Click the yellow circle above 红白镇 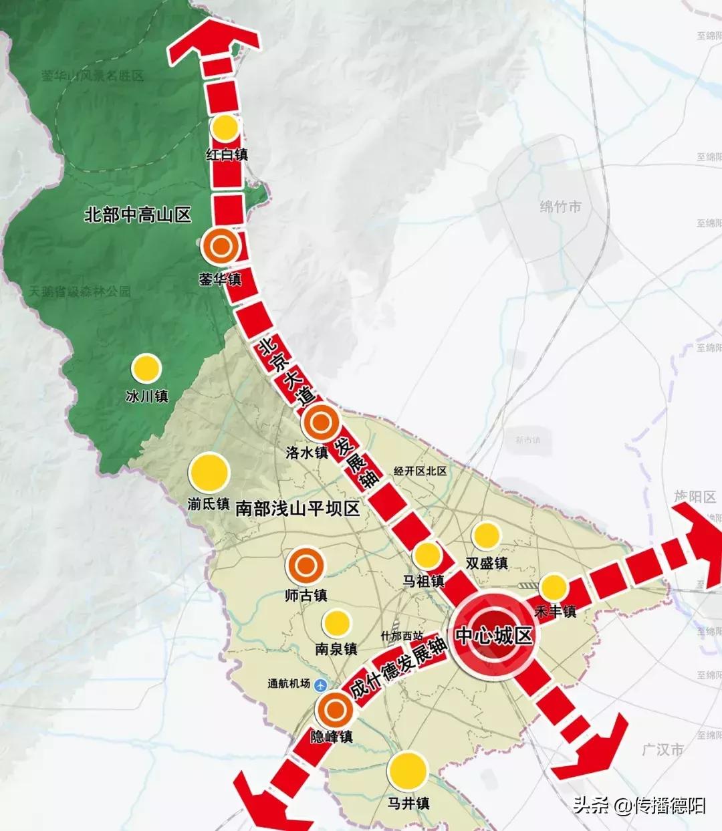[x=226, y=127]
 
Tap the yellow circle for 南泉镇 [x=336, y=623]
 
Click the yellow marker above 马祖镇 [x=427, y=555]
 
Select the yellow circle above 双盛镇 [x=486, y=535]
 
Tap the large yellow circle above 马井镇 [x=408, y=770]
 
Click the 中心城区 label [x=495, y=635]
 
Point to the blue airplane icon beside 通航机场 [x=321, y=684]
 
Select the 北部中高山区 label [x=138, y=215]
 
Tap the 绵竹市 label [x=560, y=207]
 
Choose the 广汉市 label [x=663, y=749]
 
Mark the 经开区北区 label [x=420, y=471]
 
